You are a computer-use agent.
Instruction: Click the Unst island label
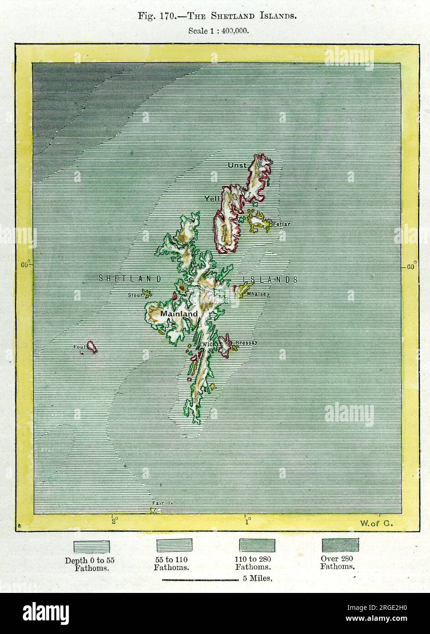(x=237, y=165)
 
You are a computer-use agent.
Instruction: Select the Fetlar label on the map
(x=281, y=224)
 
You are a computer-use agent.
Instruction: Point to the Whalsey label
(x=258, y=294)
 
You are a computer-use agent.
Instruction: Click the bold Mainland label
(x=179, y=314)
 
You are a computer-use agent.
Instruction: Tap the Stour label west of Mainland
(x=135, y=295)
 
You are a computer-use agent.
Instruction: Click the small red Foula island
(x=91, y=347)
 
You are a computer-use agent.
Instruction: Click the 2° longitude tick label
(x=114, y=520)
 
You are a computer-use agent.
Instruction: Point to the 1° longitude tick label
(x=247, y=520)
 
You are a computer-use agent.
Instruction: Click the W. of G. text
(x=376, y=523)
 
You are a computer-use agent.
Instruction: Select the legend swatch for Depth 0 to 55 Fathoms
(x=92, y=546)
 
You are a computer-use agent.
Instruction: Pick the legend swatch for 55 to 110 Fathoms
(x=175, y=546)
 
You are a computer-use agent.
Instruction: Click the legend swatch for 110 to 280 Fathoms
(x=257, y=545)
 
